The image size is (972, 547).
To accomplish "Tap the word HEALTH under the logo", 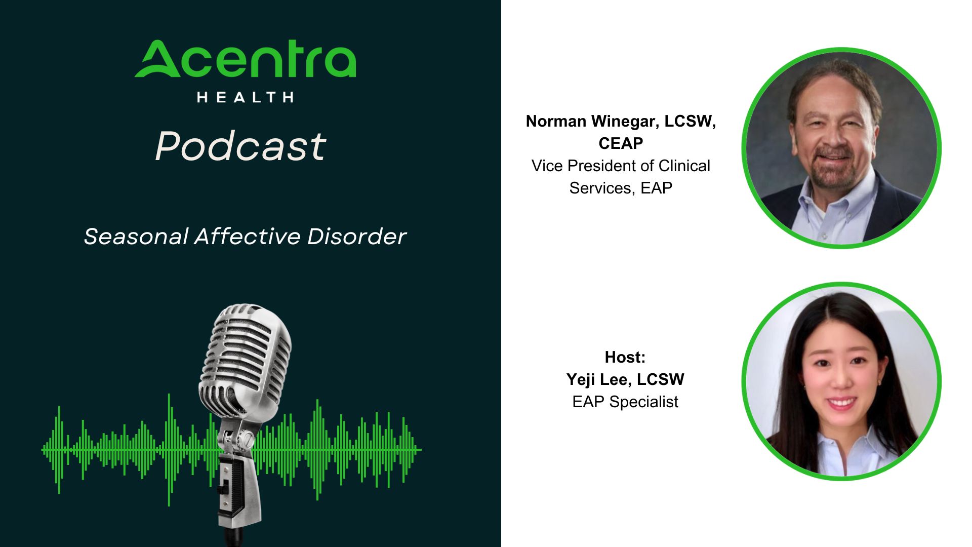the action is click(246, 97).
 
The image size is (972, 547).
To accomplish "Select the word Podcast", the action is click(241, 146).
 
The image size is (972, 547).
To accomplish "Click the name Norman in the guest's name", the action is click(556, 122).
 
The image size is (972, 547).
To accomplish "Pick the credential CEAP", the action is click(621, 144).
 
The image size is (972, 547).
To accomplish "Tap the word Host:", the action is click(625, 358).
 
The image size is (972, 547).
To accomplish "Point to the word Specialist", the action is click(644, 402).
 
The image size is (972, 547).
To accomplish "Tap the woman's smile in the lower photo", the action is click(841, 403).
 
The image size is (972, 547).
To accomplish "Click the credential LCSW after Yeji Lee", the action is click(661, 380).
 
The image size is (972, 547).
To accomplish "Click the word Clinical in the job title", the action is click(684, 166).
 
